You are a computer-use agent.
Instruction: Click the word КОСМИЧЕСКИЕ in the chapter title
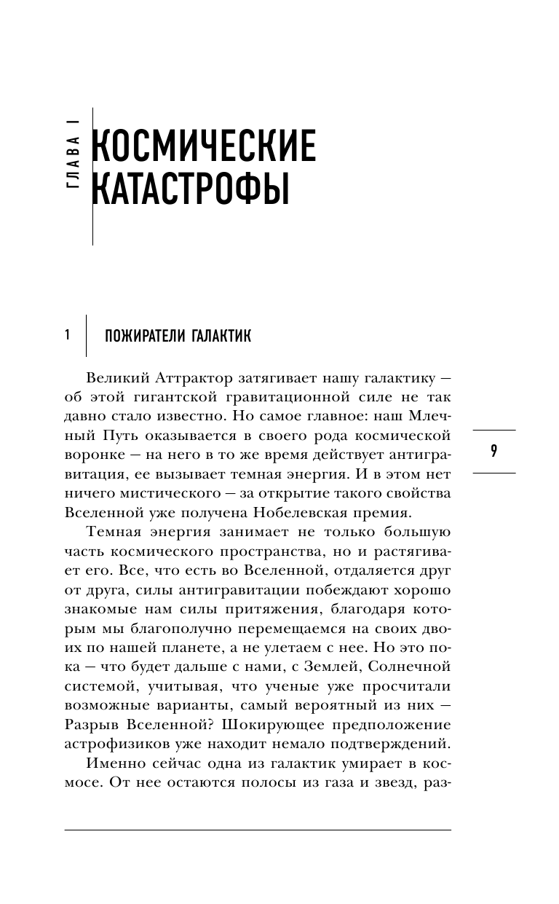205,147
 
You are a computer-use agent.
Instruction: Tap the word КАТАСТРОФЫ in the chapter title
190,191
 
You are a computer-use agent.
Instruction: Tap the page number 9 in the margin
494,451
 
